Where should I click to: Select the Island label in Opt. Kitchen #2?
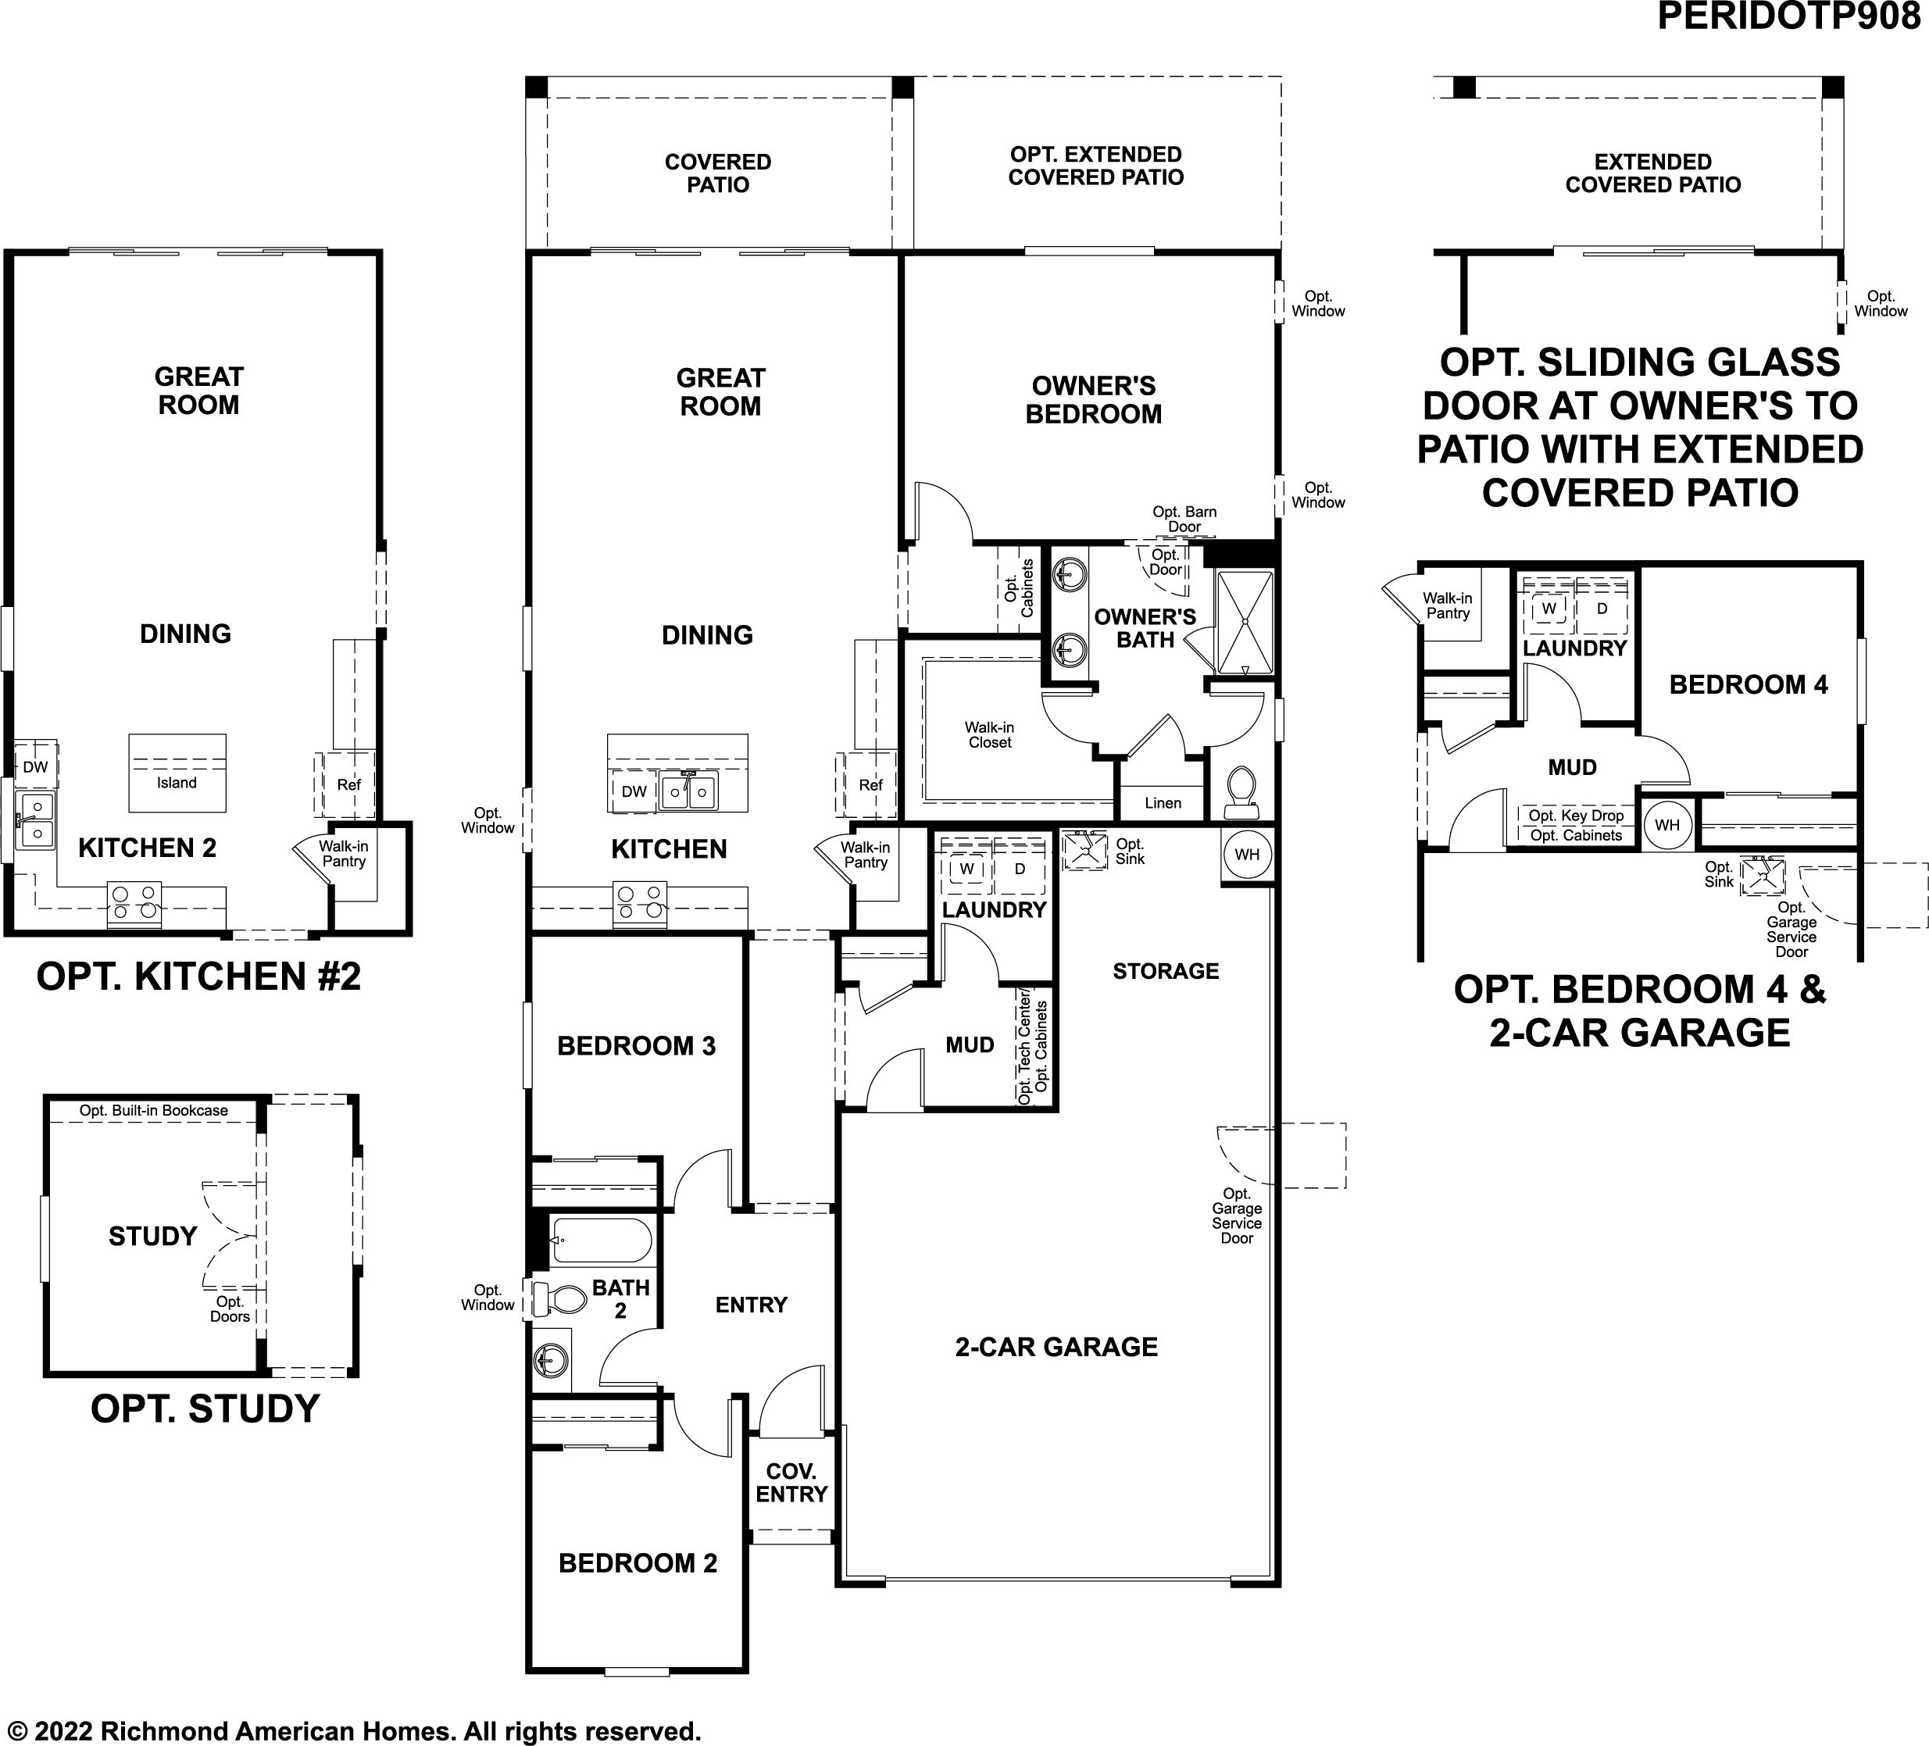pos(177,783)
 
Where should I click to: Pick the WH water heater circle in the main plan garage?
pos(1247,855)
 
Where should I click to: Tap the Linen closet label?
pos(1163,802)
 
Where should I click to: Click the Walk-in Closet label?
pos(989,735)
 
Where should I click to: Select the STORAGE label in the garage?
pos(1166,971)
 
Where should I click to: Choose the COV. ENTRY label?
pos(791,1482)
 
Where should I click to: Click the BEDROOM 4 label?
pos(1749,684)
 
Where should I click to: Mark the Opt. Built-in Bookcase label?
pos(154,1111)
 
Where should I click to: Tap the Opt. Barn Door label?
pos(1184,519)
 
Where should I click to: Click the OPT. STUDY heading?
pos(205,1409)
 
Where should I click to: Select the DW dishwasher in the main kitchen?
pos(634,791)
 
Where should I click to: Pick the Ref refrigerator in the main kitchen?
pos(870,784)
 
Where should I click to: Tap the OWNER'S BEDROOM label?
pos(1094,400)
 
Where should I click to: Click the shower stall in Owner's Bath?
pos(1244,623)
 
